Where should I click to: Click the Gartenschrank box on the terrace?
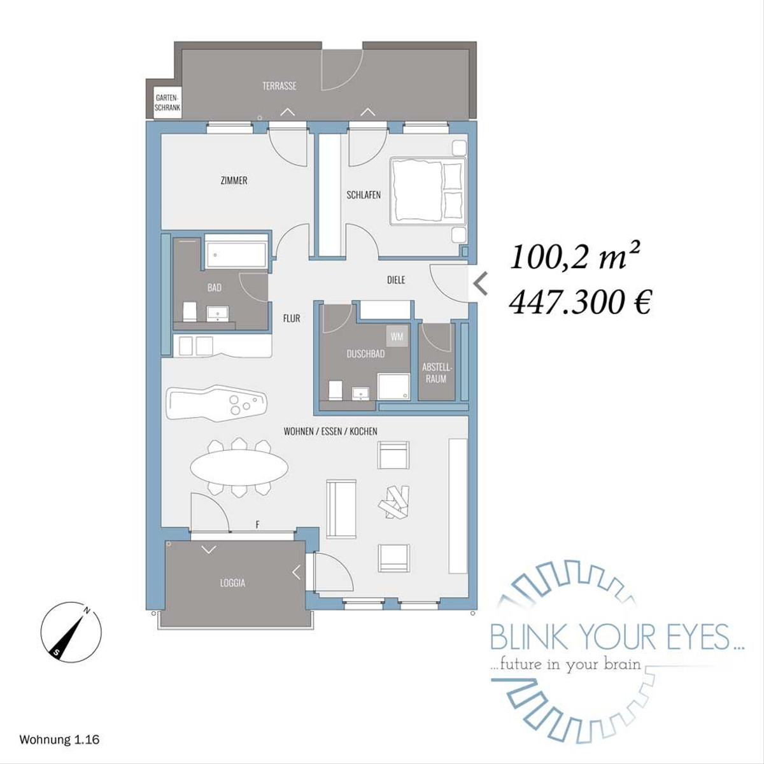point(167,103)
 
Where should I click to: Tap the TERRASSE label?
point(279,86)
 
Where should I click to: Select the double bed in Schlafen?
point(428,191)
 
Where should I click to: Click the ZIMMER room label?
point(234,181)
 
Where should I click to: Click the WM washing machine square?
point(397,337)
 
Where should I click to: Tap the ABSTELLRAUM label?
point(436,373)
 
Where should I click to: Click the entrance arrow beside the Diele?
point(481,284)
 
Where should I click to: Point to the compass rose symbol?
point(71,632)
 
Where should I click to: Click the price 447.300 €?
point(579,302)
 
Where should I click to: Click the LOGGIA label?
point(233,583)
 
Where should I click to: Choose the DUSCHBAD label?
point(365,354)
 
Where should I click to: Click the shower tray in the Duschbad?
point(393,386)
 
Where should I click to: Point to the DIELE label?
point(396,280)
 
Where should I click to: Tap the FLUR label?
point(292,318)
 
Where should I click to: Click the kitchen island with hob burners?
point(216,402)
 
